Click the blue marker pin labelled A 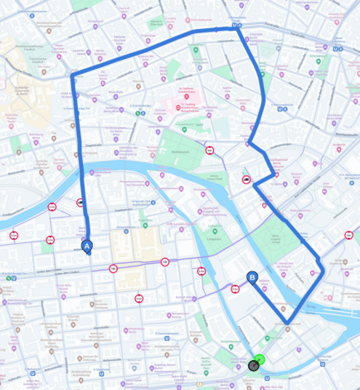point(87,246)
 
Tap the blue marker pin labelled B point(252,280)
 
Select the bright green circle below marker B point(260,359)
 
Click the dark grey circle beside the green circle point(254,365)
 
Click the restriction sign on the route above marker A point(80,202)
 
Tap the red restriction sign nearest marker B point(236,290)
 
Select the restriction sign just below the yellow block point(139,298)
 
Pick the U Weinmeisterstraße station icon point(337,48)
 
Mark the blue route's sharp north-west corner point(74,77)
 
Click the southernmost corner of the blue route point(287,322)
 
